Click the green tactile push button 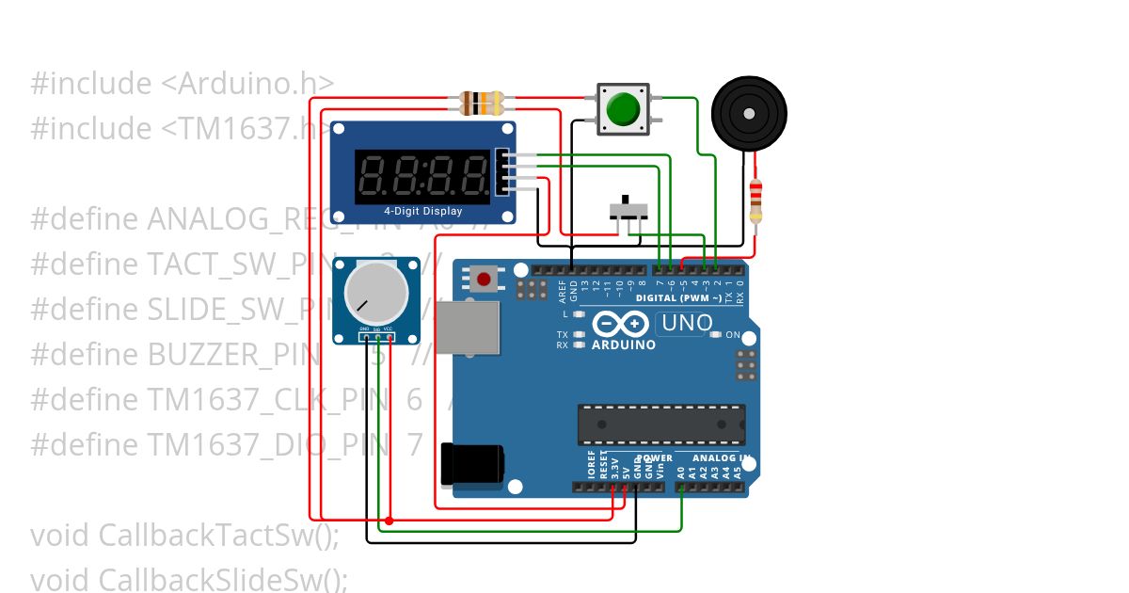[622, 107]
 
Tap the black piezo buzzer [749, 114]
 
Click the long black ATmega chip [661, 424]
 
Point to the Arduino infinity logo [622, 324]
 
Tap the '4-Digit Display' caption [422, 212]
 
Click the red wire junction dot [390, 521]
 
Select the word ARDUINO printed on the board [623, 345]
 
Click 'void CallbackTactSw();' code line [184, 536]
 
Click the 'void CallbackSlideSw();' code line [189, 579]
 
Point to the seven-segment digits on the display [422, 173]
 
